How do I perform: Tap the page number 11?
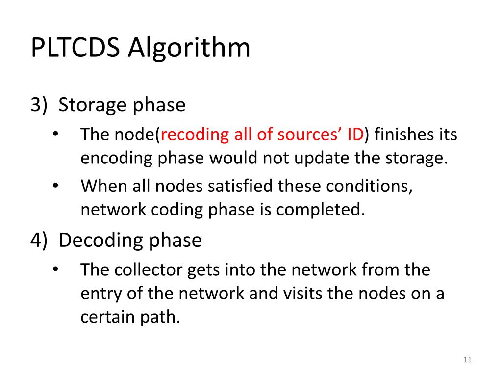click(x=467, y=361)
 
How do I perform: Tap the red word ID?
click(x=354, y=134)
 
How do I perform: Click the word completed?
click(x=321, y=210)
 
